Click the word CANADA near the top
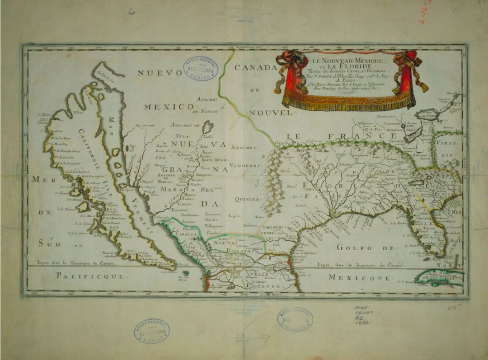click(255, 68)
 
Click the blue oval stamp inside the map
click(201, 69)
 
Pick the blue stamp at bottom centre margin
click(295, 319)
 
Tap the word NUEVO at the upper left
click(156, 73)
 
